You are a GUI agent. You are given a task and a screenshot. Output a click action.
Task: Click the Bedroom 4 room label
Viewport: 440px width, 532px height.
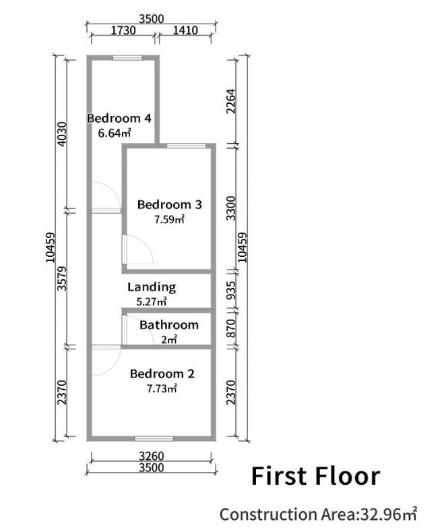pyautogui.click(x=119, y=119)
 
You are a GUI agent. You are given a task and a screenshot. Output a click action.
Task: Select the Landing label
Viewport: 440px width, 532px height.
pyautogui.click(x=152, y=287)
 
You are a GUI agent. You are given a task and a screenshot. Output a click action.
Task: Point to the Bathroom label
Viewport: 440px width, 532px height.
pyautogui.click(x=169, y=325)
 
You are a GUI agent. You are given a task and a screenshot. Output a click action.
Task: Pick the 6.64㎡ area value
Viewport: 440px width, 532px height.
pyautogui.click(x=114, y=133)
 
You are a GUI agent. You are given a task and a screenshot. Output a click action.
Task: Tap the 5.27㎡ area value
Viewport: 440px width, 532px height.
pyautogui.click(x=152, y=301)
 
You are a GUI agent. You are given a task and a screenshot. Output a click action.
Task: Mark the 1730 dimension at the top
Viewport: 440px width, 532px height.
pyautogui.click(x=122, y=30)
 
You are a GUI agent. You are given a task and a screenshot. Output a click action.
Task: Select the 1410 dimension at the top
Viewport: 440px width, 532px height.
pyautogui.click(x=185, y=30)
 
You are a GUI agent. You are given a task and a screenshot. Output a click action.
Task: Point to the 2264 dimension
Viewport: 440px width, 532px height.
pyautogui.click(x=231, y=102)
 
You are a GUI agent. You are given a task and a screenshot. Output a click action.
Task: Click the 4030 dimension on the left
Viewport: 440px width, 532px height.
pyautogui.click(x=61, y=135)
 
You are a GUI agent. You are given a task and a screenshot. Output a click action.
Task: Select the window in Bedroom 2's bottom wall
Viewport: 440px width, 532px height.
pyautogui.click(x=154, y=438)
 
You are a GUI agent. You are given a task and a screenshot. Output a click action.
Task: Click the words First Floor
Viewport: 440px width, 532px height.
pyautogui.click(x=315, y=476)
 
